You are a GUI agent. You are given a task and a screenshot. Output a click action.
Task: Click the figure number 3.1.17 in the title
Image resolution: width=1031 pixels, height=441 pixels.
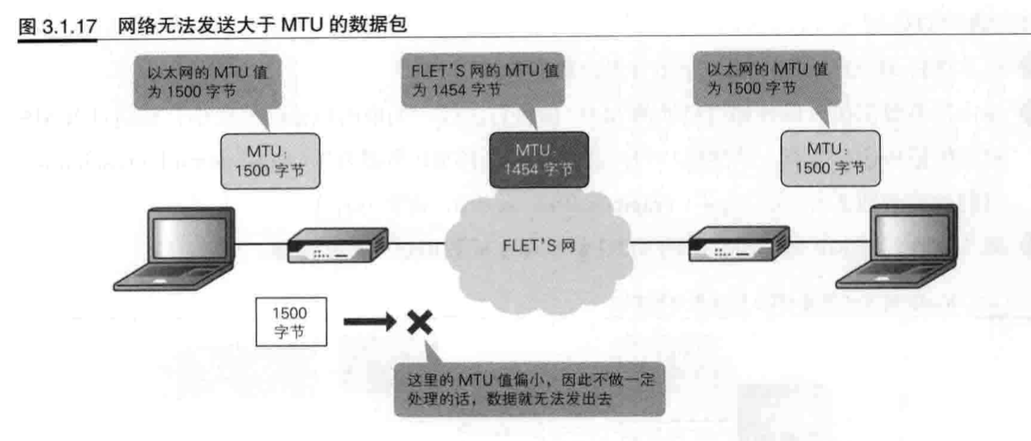pyautogui.click(x=72, y=26)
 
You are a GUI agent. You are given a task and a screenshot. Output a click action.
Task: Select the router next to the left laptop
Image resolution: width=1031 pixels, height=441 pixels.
pyautogui.click(x=337, y=246)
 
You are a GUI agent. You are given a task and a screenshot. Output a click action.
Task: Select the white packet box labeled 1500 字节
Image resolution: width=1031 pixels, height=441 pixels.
pyautogui.click(x=289, y=322)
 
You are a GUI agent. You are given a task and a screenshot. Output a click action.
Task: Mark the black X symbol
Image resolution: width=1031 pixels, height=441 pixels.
pyautogui.click(x=419, y=322)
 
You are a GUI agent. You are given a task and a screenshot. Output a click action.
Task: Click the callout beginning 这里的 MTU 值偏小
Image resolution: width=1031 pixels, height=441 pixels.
pyautogui.click(x=528, y=390)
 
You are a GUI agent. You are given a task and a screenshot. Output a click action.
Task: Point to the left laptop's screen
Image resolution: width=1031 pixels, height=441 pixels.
pyautogui.click(x=191, y=236)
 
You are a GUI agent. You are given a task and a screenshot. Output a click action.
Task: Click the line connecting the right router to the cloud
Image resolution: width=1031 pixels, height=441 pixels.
pyautogui.click(x=657, y=243)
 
